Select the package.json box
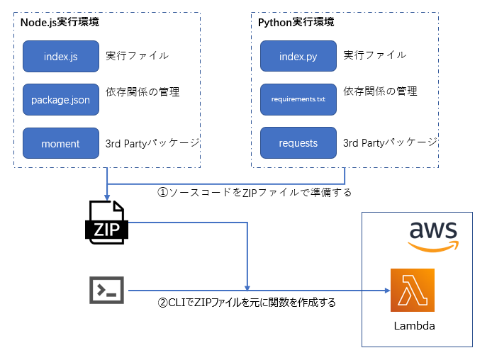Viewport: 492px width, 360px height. (x=60, y=100)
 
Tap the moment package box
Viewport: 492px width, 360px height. (x=60, y=143)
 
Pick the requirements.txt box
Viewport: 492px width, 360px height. (x=298, y=100)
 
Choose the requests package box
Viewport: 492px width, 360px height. (x=298, y=143)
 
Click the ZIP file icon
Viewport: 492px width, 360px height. (x=106, y=223)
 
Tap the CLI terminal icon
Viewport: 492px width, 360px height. (x=107, y=290)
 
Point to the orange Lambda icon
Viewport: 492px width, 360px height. (x=413, y=291)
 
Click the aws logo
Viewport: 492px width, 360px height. (x=432, y=235)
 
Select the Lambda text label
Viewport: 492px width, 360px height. (x=414, y=327)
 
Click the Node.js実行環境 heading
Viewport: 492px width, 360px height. (x=60, y=22)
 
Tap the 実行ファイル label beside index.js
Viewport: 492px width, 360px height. (x=137, y=55)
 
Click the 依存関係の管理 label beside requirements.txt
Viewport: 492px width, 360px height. (x=380, y=91)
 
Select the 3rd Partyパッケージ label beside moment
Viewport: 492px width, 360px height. (x=152, y=142)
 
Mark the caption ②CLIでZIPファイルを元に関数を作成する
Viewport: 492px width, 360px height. (x=247, y=303)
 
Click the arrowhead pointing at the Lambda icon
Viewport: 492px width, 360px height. (x=387, y=291)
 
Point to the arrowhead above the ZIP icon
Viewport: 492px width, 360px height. (x=106, y=197)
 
